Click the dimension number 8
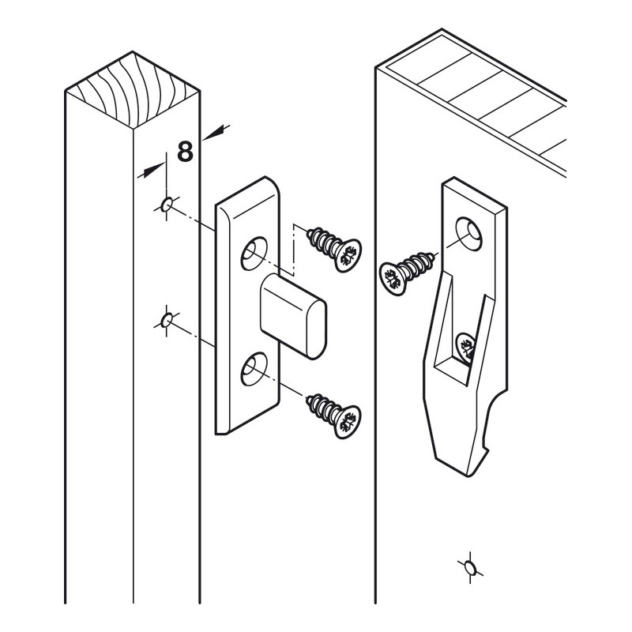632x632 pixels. coord(185,150)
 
